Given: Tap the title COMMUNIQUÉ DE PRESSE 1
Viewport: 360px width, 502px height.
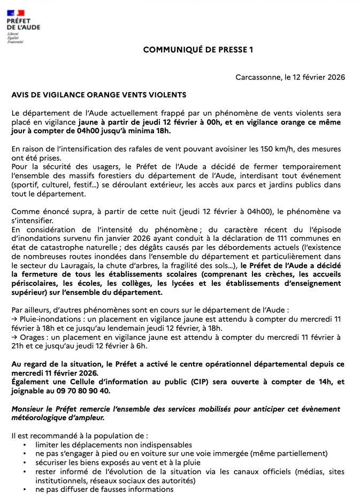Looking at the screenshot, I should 198,50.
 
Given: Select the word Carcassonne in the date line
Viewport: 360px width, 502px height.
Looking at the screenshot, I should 257,77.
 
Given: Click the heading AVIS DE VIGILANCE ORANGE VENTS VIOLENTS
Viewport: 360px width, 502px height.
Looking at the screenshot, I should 99,95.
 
